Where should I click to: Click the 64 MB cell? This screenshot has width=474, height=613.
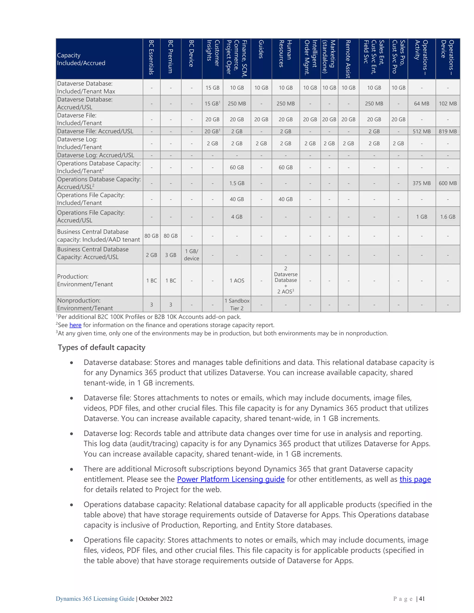(x=421, y=104)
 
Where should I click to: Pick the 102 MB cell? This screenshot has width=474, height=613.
(x=448, y=104)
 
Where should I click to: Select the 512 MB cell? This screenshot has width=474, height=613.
(x=421, y=131)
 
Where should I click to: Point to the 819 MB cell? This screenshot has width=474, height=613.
(x=448, y=131)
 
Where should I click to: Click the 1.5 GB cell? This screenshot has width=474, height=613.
(x=237, y=183)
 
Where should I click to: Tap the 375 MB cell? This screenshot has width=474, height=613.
(x=421, y=183)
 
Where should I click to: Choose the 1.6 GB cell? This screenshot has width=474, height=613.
(x=448, y=217)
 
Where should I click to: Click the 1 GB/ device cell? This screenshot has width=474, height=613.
(x=191, y=255)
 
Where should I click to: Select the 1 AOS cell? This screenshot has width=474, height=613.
(x=237, y=281)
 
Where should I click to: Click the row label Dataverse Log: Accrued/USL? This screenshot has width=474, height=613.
(x=96, y=155)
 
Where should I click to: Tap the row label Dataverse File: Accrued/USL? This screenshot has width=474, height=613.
(x=95, y=131)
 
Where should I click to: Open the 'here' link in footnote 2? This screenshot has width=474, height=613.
(x=75, y=325)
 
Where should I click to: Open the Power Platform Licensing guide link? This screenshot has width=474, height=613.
(x=231, y=479)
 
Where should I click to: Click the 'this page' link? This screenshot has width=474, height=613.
(x=415, y=479)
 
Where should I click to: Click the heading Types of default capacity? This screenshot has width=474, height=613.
(x=101, y=347)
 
